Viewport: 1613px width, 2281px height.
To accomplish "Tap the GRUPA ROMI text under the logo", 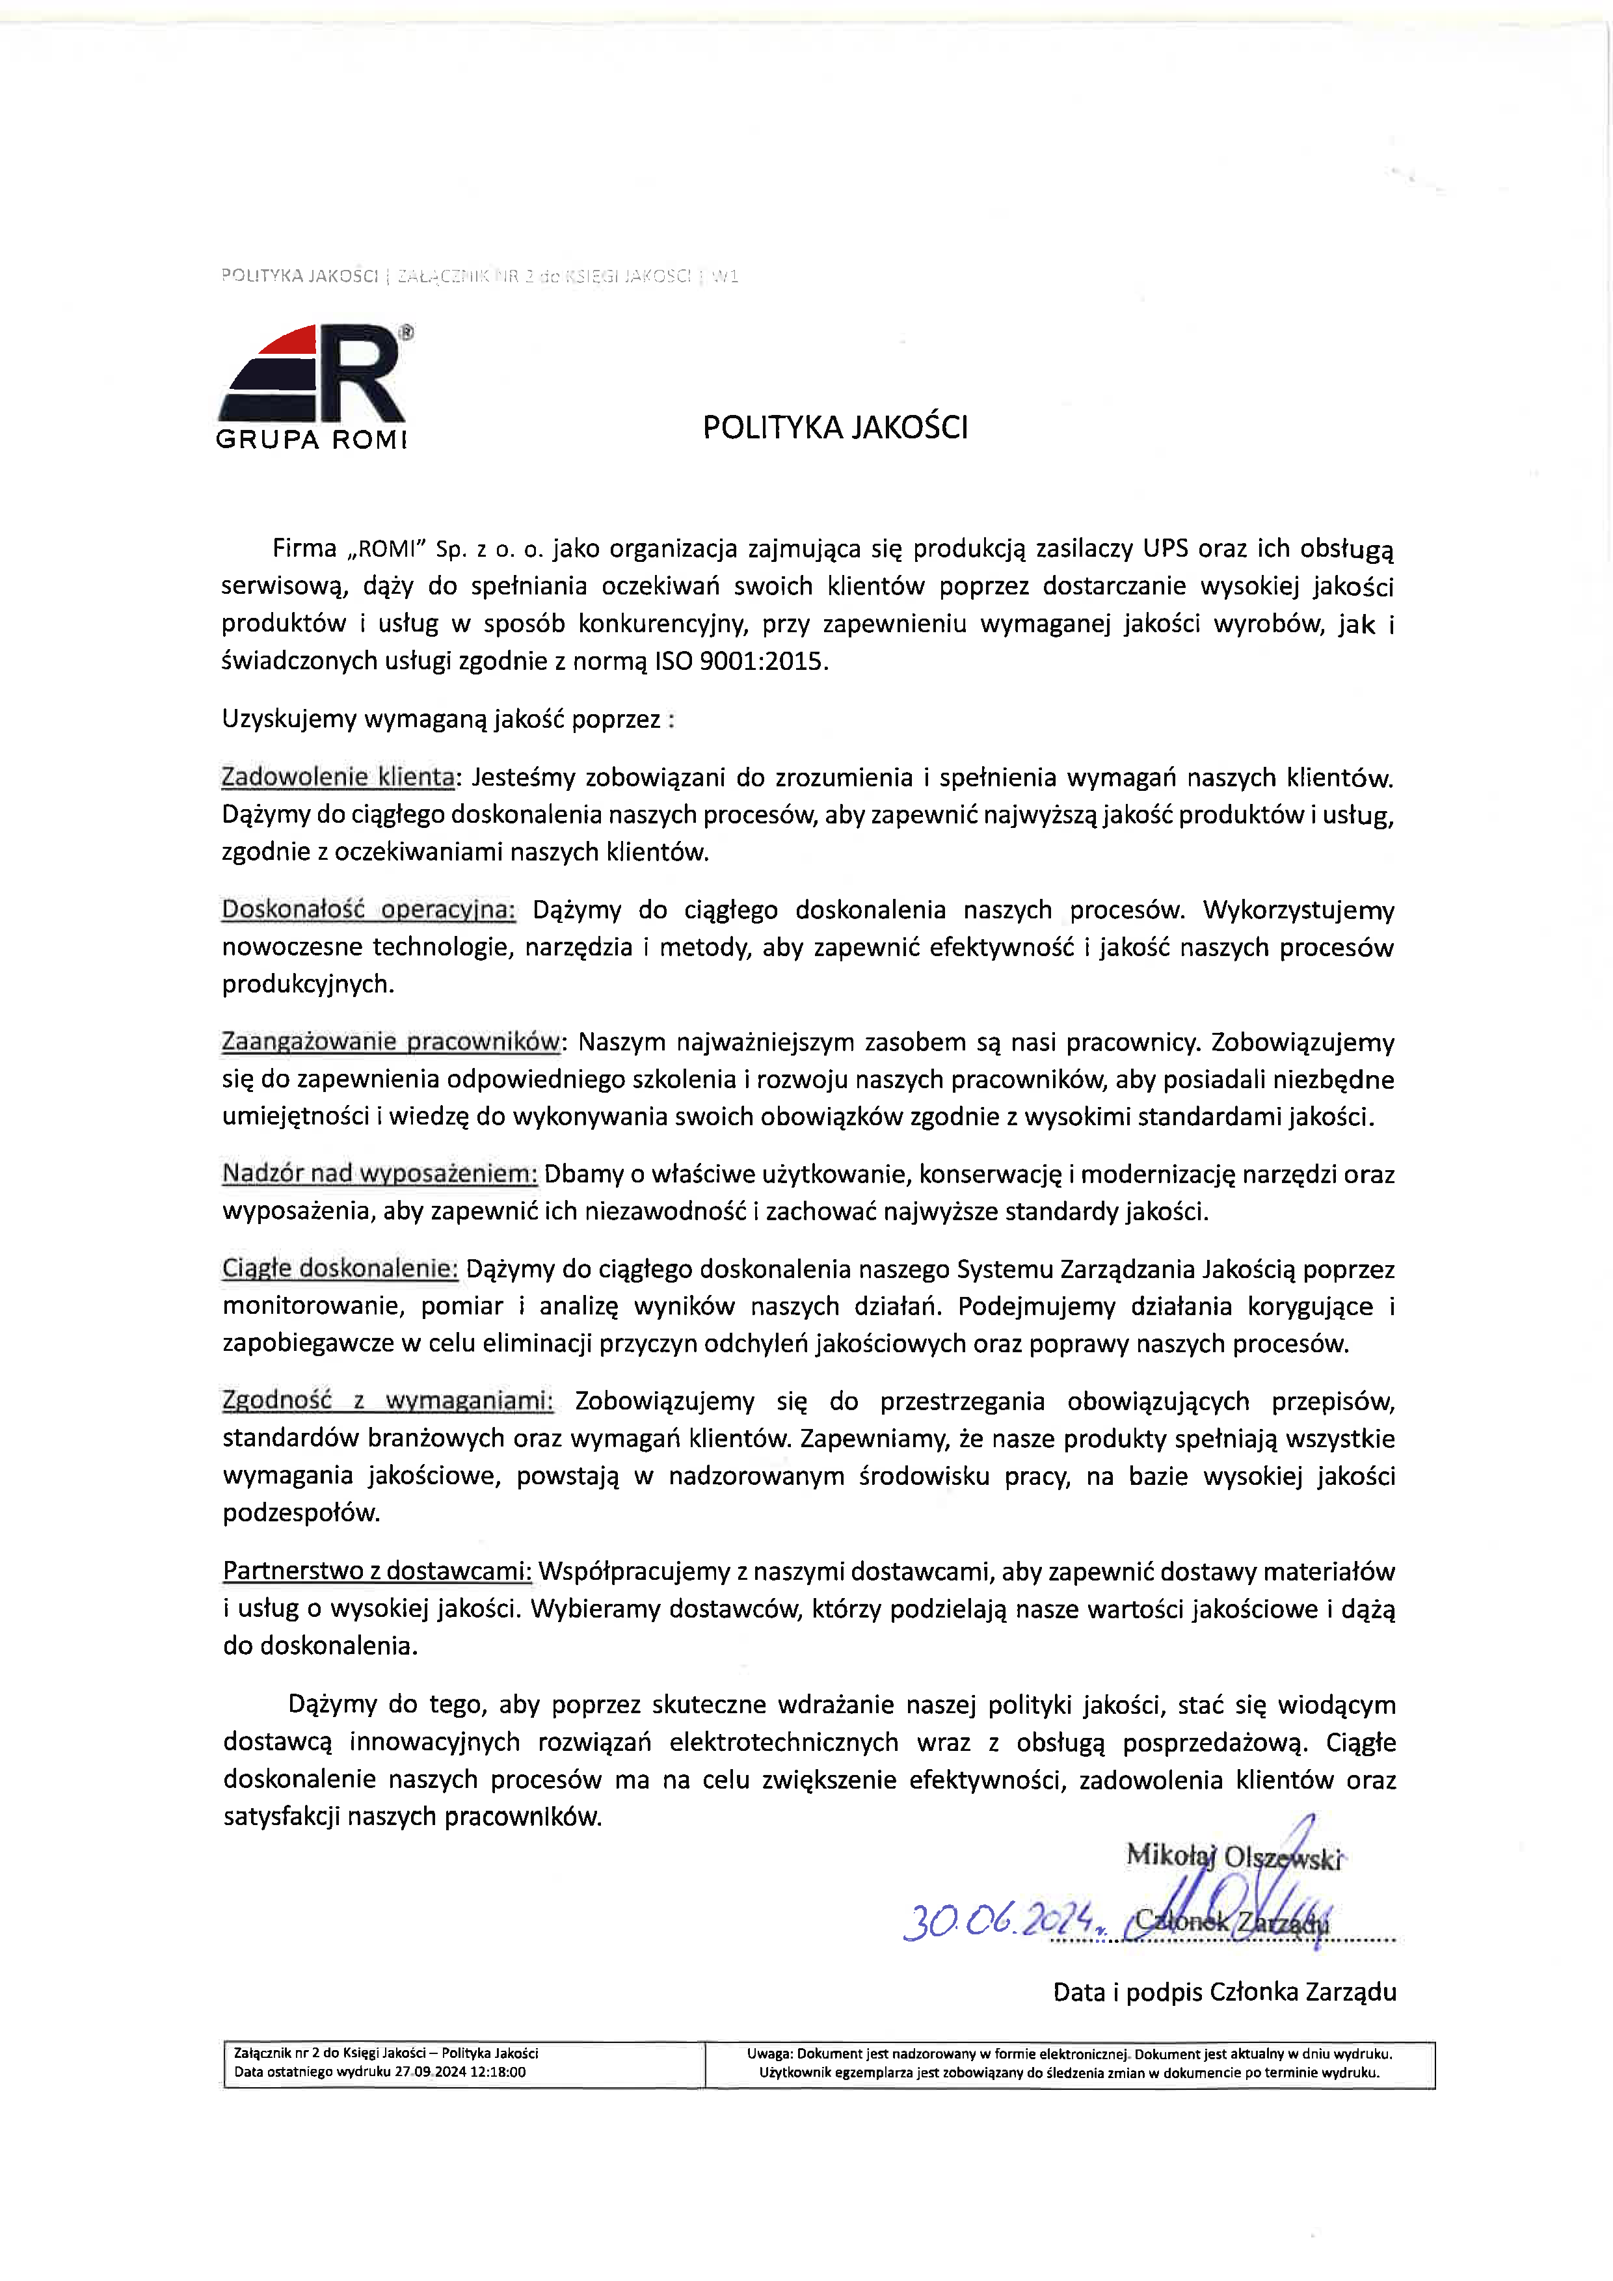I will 311,439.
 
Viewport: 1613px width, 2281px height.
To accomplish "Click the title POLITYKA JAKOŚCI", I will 834,427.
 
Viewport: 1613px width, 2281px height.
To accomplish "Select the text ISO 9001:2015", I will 739,661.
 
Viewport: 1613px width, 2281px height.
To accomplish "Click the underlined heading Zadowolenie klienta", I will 338,777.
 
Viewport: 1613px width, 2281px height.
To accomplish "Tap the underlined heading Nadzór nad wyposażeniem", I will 379,1173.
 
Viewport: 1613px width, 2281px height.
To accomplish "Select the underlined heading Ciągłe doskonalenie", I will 340,1269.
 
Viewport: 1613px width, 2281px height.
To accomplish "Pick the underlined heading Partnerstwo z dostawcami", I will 377,1571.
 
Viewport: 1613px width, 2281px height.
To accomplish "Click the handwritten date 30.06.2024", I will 998,1921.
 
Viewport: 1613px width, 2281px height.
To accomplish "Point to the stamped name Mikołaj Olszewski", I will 1233,1856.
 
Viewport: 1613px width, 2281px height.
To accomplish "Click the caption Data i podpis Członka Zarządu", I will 1225,1992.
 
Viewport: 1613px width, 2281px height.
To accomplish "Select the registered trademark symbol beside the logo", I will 407,334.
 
